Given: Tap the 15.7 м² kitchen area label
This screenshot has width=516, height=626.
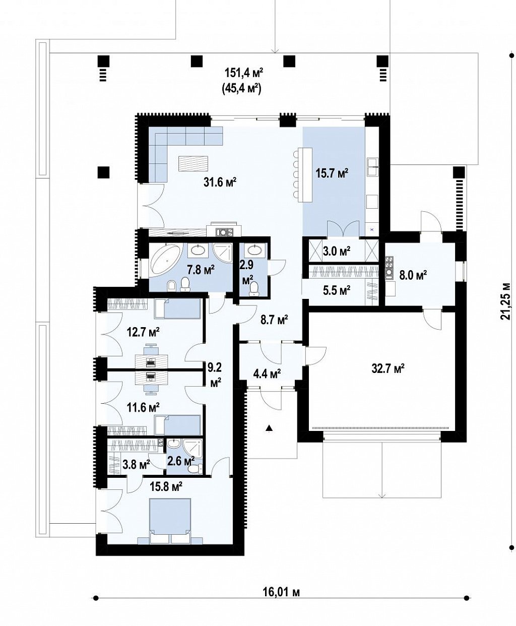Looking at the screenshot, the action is [332, 173].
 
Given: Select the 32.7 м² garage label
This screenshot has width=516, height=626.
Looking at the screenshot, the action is [388, 368].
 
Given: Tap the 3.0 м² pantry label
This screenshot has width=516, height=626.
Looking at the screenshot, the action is [337, 251].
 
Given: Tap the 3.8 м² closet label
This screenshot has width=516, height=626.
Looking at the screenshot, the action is [136, 465].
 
